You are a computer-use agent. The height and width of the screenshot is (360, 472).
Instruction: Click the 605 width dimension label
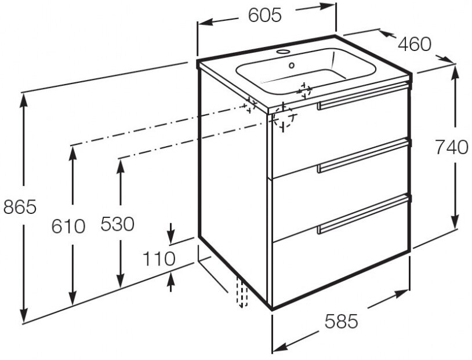[x=265, y=16]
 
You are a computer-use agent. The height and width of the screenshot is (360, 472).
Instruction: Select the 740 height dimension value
[x=451, y=148]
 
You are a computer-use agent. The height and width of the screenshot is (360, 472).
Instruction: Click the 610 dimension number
[x=68, y=226]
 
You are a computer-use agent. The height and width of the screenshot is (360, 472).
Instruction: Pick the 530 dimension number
[x=117, y=224]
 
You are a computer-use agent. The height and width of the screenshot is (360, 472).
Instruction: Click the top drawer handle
[x=362, y=95]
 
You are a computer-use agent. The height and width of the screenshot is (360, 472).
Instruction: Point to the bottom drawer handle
[x=362, y=213]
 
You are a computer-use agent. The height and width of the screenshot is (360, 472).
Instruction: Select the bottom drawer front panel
[x=341, y=255]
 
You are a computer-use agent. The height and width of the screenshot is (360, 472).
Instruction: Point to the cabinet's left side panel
[x=235, y=186]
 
